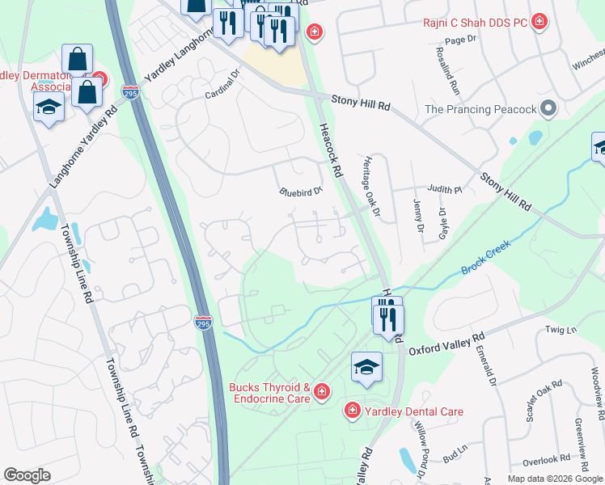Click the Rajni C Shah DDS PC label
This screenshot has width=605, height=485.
coord(474,22)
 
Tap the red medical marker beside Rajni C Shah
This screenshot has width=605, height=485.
coord(539,23)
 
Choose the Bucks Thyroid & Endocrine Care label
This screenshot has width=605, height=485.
coord(270,393)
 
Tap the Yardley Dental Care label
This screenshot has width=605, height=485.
coord(412,411)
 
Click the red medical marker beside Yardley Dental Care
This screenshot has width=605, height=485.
coord(352,411)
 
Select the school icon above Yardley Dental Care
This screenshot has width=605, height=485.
coord(366,367)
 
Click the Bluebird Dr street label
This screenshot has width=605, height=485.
coord(300,192)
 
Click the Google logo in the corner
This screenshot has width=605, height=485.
coord(27,475)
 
